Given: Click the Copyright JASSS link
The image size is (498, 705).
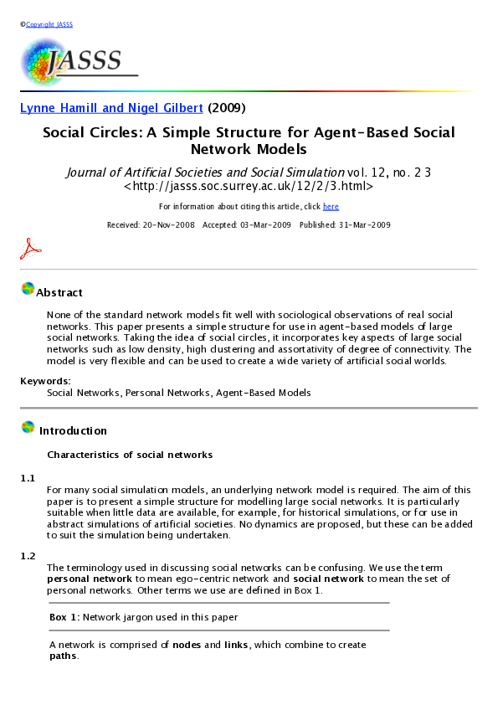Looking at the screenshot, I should click(49, 24).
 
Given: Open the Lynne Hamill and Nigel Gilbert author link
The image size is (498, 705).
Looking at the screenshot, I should click(111, 108).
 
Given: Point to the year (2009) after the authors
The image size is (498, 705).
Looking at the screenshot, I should click(226, 108).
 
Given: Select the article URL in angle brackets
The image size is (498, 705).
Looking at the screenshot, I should click(249, 188).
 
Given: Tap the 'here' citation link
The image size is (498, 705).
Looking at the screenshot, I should click(331, 207).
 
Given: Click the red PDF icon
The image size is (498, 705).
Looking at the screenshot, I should click(31, 249).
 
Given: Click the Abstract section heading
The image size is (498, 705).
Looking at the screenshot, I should click(59, 293).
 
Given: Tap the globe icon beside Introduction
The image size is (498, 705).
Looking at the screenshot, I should click(28, 429).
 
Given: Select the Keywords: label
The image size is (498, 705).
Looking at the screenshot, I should click(45, 381).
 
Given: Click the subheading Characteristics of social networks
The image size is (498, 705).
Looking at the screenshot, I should click(130, 455).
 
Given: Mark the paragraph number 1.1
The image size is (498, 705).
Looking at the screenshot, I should click(28, 478).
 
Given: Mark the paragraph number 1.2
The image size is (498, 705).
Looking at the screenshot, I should click(28, 556).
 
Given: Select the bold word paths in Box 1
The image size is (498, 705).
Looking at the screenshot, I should click(63, 656).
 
